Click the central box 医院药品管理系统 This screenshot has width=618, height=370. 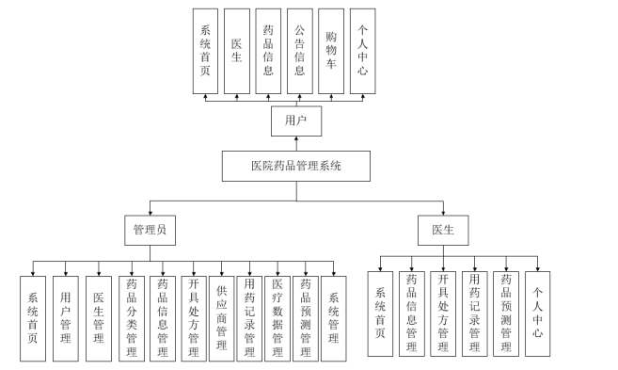296,167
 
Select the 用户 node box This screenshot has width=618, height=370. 295,121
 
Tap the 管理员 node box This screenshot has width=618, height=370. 151,229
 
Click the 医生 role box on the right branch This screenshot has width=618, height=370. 442,229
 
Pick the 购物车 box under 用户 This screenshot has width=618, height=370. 330,51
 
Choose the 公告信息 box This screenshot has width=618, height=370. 299,51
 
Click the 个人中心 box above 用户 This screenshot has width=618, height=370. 362,51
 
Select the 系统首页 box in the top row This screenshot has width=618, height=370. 206,51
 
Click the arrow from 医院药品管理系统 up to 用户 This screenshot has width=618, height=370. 296,143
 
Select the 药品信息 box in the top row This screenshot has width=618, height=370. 268,51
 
